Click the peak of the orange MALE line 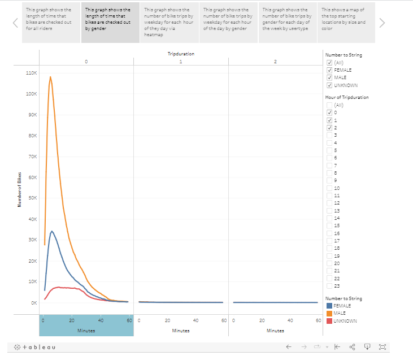50,77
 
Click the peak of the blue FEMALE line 52,231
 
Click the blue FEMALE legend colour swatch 329,306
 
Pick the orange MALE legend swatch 329,313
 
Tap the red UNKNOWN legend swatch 329,321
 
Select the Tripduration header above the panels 181,53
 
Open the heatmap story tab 169,22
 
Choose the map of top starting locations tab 346,22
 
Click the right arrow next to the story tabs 382,23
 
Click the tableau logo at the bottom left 35,346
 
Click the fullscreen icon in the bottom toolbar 382,346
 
